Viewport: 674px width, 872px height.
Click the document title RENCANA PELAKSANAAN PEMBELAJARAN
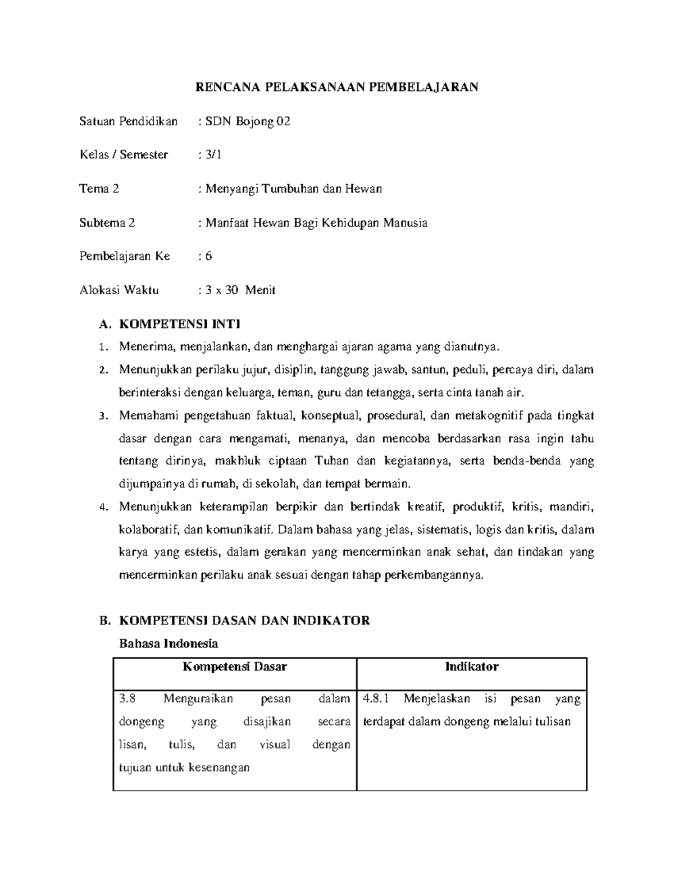point(336,87)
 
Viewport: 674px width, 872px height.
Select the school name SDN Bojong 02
point(248,121)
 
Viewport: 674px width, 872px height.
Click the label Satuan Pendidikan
point(128,121)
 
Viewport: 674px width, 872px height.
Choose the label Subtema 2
point(107,222)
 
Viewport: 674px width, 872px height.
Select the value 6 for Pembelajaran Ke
point(208,256)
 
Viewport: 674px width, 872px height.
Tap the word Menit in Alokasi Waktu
point(260,290)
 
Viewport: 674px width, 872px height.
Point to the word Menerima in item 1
point(144,347)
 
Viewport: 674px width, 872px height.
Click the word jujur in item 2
point(256,370)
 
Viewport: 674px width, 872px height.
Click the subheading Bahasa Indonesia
point(168,643)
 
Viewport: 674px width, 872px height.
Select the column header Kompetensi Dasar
point(235,667)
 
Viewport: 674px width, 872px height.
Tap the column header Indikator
point(472,667)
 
